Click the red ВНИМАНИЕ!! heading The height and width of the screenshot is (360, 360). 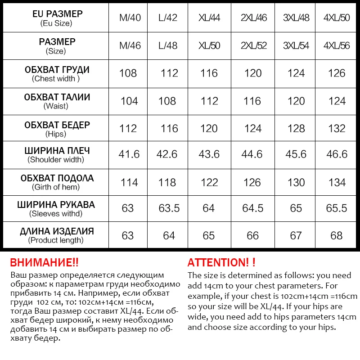pyautogui.click(x=44, y=263)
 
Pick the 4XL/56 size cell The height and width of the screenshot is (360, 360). pyautogui.click(x=337, y=46)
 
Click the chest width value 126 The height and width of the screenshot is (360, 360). pyautogui.click(x=337, y=73)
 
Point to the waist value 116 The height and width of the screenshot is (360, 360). pyautogui.click(x=252, y=101)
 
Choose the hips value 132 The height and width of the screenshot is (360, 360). pyautogui.click(x=337, y=128)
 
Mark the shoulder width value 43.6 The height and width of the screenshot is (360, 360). pyautogui.click(x=209, y=154)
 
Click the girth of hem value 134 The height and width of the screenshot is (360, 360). pyautogui.click(x=337, y=182)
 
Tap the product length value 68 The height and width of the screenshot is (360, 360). pyautogui.click(x=337, y=235)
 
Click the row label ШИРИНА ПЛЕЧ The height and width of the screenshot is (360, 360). pyautogui.click(x=57, y=151)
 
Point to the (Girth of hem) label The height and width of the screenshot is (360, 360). pyautogui.click(x=56, y=187)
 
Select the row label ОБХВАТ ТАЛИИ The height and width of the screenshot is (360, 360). pyautogui.click(x=57, y=97)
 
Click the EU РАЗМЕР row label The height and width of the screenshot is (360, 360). pyautogui.click(x=57, y=13)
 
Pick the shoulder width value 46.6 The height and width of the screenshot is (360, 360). pyautogui.click(x=337, y=154)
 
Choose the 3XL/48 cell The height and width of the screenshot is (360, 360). pyautogui.click(x=296, y=18)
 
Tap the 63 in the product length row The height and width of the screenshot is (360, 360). pyautogui.click(x=128, y=235)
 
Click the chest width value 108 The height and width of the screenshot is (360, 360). pyautogui.click(x=128, y=73)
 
